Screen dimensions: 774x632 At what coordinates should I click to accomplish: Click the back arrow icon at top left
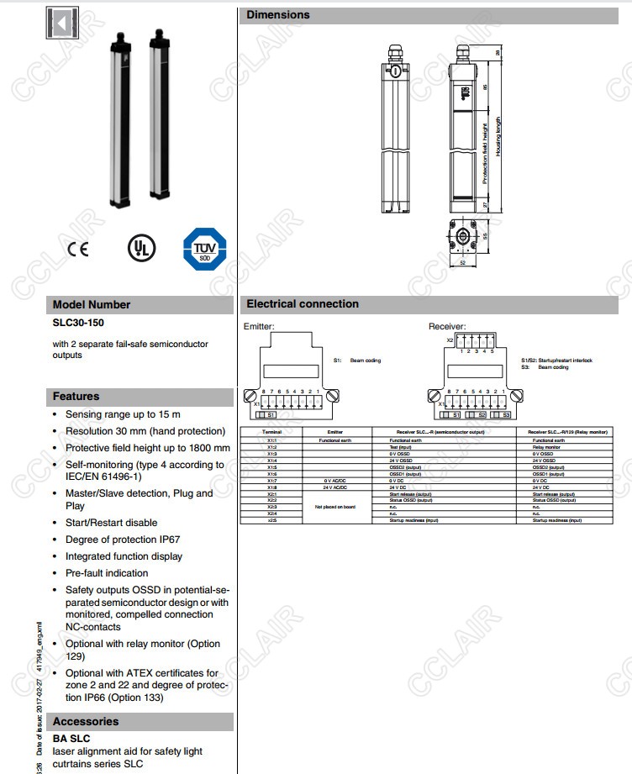click(x=61, y=22)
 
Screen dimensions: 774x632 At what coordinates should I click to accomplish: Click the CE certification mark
click(x=78, y=249)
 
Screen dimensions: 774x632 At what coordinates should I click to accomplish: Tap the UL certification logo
click(x=140, y=248)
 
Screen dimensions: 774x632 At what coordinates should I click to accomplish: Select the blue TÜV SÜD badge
click(x=204, y=249)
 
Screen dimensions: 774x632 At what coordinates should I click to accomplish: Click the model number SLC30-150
click(x=79, y=323)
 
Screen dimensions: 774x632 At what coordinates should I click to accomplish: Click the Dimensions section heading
click(x=278, y=15)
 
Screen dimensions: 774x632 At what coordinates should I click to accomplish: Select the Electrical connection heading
click(x=303, y=304)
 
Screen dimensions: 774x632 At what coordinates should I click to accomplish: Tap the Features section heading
click(x=76, y=396)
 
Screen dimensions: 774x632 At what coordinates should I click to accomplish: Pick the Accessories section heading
click(x=86, y=721)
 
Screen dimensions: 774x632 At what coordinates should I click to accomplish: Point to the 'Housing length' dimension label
click(x=498, y=136)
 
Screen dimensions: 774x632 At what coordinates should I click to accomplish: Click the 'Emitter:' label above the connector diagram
click(x=259, y=326)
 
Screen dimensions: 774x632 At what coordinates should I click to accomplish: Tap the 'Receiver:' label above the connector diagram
click(x=447, y=326)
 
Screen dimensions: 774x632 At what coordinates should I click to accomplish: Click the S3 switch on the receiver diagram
click(x=503, y=414)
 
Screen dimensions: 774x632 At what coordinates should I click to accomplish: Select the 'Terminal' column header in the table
click(x=271, y=432)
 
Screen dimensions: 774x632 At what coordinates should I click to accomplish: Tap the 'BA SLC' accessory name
click(x=71, y=739)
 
